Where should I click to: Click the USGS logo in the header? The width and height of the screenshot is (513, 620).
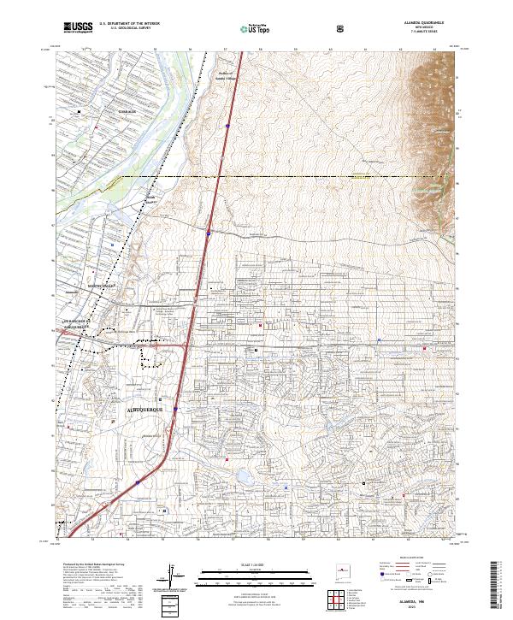[79, 28]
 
